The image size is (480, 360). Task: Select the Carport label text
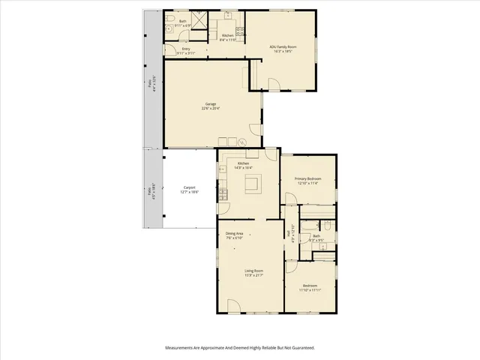click(189, 190)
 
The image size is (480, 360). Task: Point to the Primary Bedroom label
click(308, 180)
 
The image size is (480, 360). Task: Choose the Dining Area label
click(235, 236)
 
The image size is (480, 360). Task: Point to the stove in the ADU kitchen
click(240, 31)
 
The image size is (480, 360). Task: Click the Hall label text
click(289, 233)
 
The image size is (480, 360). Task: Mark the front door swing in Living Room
click(233, 305)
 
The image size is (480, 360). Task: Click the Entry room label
click(186, 51)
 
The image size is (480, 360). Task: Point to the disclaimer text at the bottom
click(240, 347)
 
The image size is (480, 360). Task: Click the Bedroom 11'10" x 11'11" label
click(310, 287)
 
